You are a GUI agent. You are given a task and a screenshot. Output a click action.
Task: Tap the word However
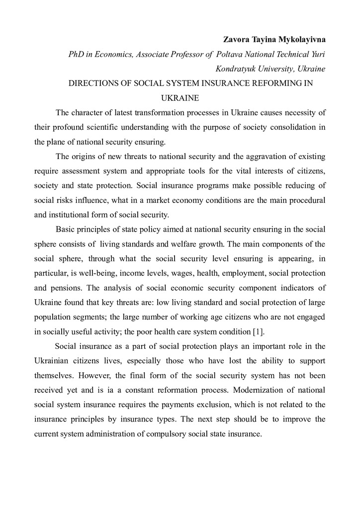(81, 376)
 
